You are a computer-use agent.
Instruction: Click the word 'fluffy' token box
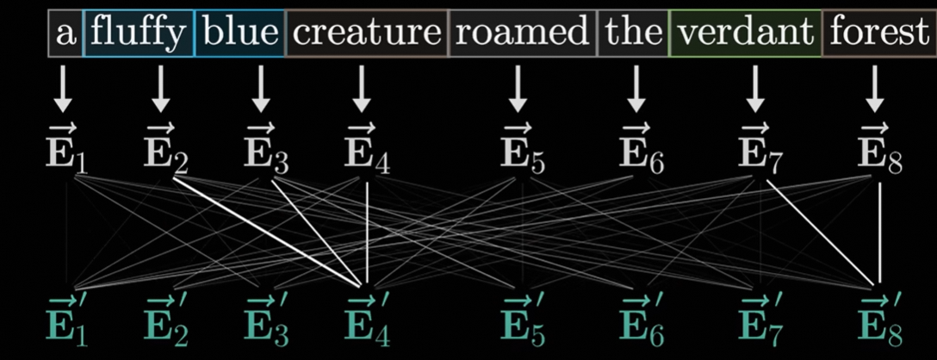click(139, 34)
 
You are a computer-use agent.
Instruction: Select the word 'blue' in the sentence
click(240, 34)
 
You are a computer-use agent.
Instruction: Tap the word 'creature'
click(366, 34)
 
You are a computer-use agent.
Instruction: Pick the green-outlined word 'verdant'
click(746, 34)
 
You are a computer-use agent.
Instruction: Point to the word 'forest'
click(878, 34)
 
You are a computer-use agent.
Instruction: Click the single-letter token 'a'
click(65, 34)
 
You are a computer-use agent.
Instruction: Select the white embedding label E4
click(366, 152)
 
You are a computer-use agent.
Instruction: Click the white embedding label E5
click(520, 152)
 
